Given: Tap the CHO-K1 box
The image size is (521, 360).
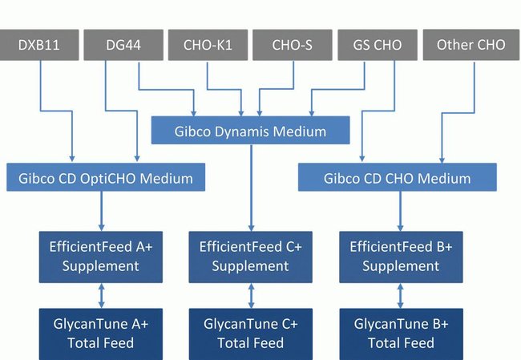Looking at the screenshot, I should (x=207, y=45).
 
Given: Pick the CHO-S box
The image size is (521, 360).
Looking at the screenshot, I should (x=292, y=45).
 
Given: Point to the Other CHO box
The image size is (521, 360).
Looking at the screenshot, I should (x=471, y=45).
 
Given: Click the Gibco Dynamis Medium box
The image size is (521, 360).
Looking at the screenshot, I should (x=251, y=131).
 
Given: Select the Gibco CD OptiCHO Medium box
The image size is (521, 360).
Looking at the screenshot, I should (x=106, y=177).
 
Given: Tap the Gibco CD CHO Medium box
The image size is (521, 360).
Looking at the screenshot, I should (x=398, y=177).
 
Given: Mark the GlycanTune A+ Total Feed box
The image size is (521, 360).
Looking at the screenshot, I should (x=102, y=334).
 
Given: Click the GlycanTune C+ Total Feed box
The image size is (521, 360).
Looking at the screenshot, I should (x=251, y=334).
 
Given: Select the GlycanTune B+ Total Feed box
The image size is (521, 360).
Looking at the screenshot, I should (x=402, y=334).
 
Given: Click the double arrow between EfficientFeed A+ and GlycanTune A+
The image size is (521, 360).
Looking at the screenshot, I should (x=102, y=295).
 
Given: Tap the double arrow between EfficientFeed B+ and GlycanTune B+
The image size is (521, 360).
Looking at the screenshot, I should (x=401, y=295).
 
